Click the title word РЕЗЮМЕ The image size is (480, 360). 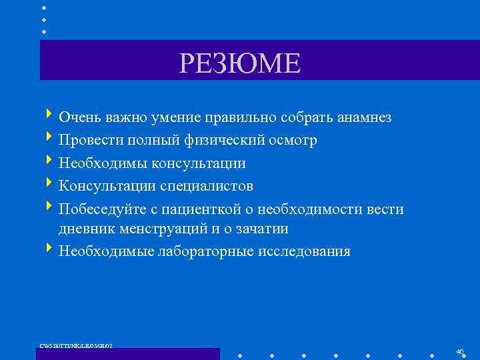coord(240,63)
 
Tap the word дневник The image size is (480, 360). coord(85,229)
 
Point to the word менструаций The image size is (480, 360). coord(159,229)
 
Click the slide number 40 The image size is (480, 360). coord(460,351)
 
